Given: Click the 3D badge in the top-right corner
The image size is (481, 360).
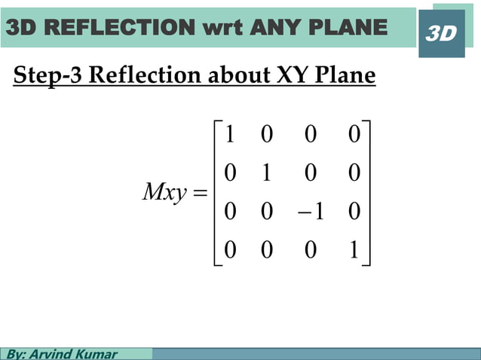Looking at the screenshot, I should pos(441,33).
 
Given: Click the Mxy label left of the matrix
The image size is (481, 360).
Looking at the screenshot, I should pos(164,193).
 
